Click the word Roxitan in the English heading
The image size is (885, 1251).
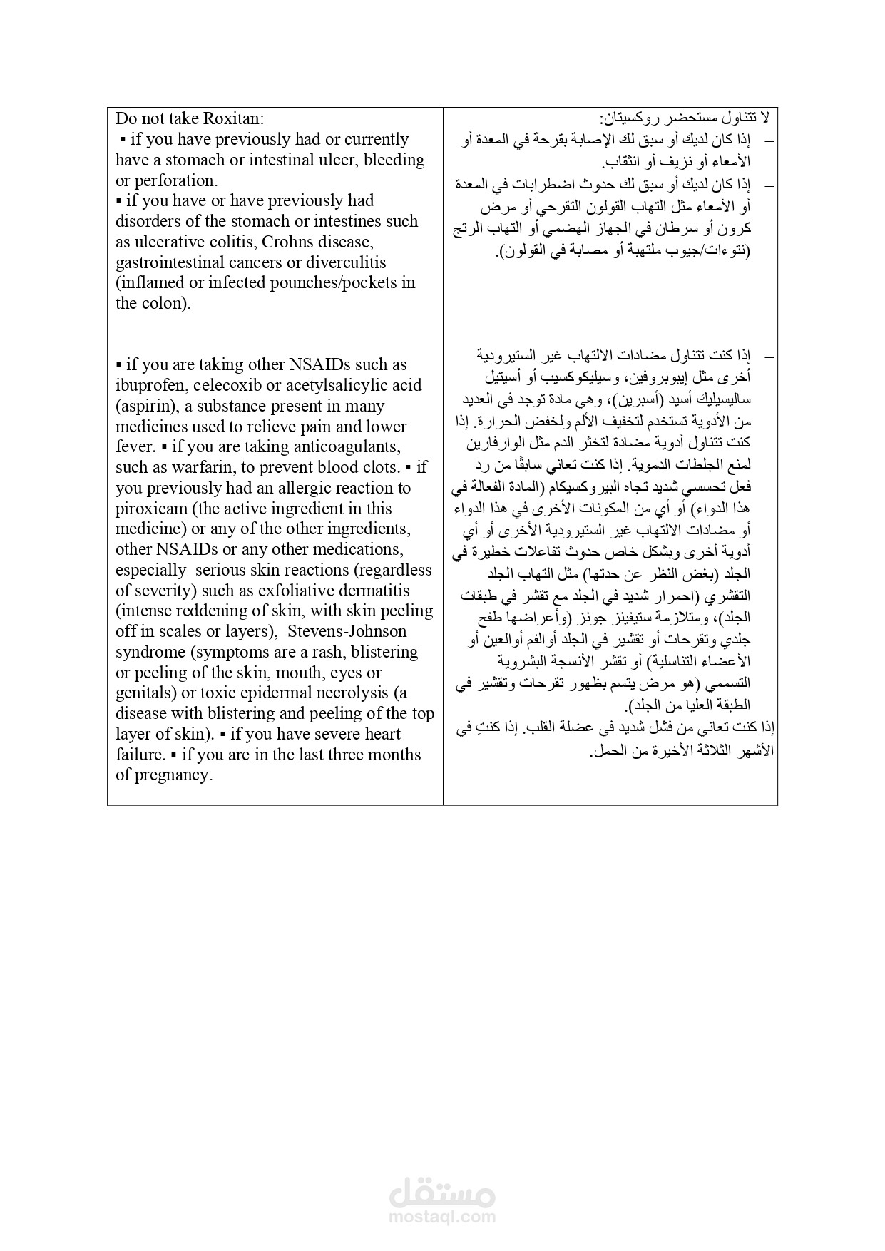230,118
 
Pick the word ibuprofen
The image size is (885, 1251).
148,386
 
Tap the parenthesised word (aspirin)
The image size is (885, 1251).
145,407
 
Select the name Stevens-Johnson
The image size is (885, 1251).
347,632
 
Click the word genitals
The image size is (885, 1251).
144,693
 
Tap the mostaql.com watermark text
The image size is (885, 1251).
442,1217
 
